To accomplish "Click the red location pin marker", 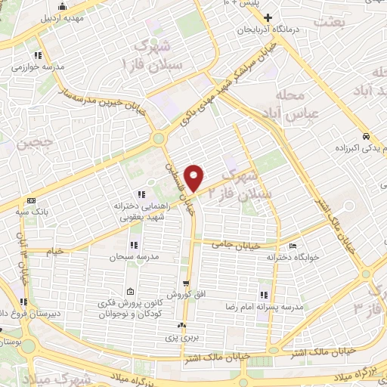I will (x=195, y=177).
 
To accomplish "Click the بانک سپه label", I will (x=31, y=212).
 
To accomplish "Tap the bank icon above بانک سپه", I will (x=31, y=200).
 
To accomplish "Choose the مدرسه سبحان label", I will (x=135, y=258).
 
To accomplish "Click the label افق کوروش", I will (x=184, y=293).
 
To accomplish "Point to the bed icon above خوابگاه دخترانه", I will (x=293, y=246).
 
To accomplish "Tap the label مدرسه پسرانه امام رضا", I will (x=265, y=307).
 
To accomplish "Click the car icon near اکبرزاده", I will (x=365, y=137).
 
